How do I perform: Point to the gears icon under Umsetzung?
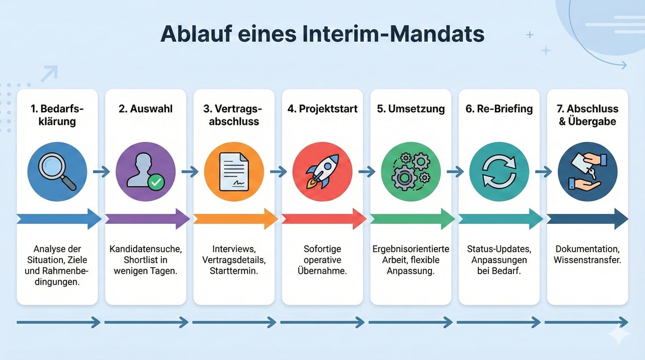pos(411,171)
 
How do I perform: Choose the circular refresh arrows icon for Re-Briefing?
pos(499,171)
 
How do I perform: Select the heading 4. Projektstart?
pos(322,109)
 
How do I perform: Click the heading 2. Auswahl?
pos(146,109)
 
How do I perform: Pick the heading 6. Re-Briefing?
pos(499,109)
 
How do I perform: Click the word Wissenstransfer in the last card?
pos(587,260)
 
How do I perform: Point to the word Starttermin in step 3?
pos(234,271)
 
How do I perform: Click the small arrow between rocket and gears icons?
pos(366,172)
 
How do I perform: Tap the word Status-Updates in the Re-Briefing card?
pos(499,249)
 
